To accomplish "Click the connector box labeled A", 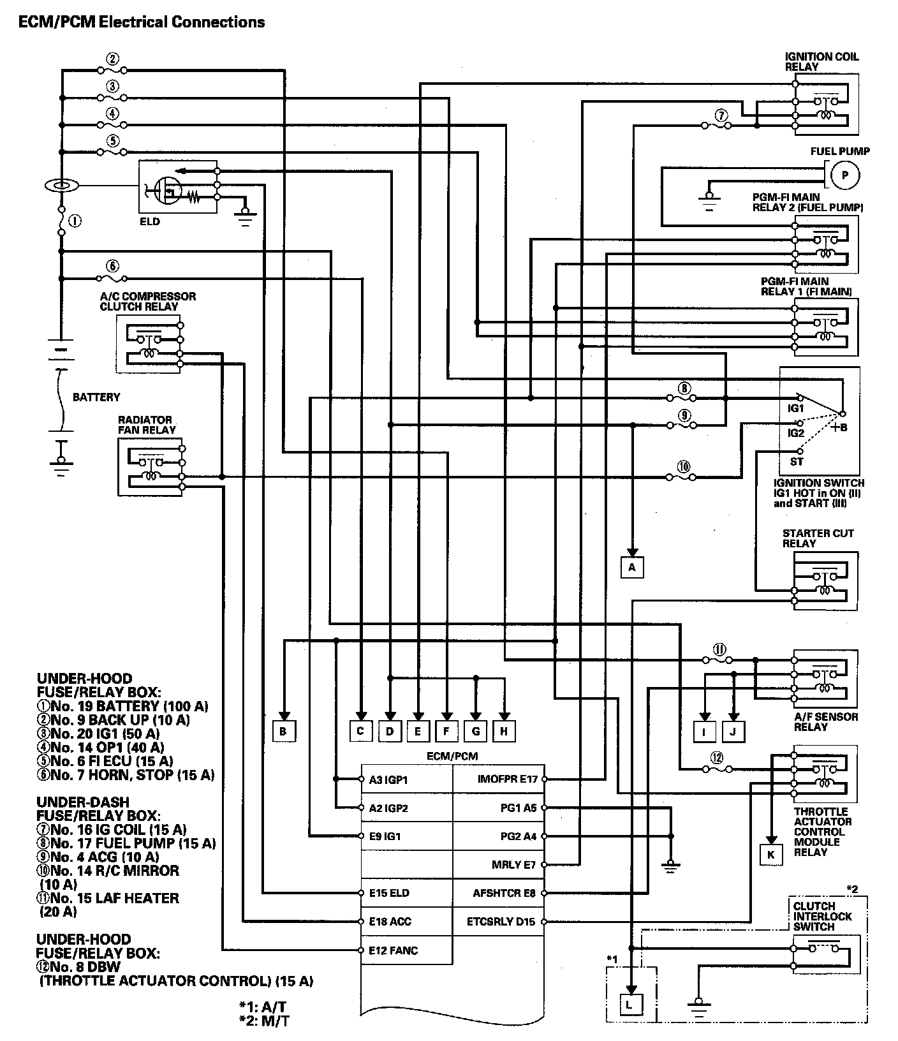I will click(x=631, y=566).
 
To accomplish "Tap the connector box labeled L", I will click(x=630, y=1005).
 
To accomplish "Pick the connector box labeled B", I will click(x=283, y=731).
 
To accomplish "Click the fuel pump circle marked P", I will click(x=845, y=175).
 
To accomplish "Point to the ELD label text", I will click(x=150, y=221).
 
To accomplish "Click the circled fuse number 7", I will click(x=721, y=116).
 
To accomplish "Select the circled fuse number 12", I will click(x=717, y=758).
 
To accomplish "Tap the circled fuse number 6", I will click(x=112, y=267).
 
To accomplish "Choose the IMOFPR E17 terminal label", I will click(x=507, y=779).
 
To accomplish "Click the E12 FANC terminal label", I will click(x=393, y=950).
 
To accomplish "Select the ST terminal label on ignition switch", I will click(x=797, y=461).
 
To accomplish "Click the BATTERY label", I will click(x=96, y=397).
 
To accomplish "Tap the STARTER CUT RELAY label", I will click(x=818, y=538).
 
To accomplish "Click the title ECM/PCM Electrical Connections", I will click(x=141, y=22).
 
